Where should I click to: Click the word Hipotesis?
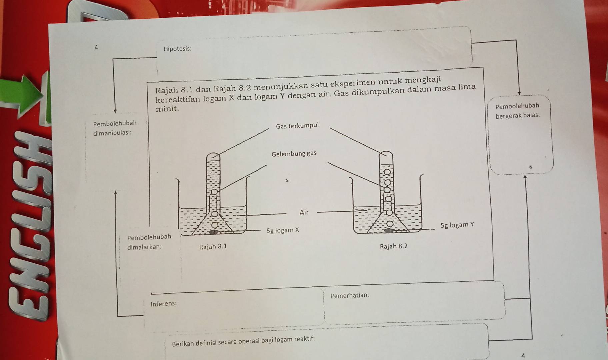177,49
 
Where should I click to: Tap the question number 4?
97,47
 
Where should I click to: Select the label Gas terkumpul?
297,126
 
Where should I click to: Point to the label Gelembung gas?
294,154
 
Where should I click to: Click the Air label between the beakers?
304,212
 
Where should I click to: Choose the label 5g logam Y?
457,225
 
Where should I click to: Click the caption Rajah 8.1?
213,247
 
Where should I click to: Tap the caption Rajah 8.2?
394,247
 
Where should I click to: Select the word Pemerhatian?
350,295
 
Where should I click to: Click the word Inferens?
164,304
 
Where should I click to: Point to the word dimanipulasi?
112,133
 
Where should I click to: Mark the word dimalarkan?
144,247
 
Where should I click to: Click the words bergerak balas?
518,116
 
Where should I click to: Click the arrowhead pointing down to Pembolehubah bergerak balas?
519,93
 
